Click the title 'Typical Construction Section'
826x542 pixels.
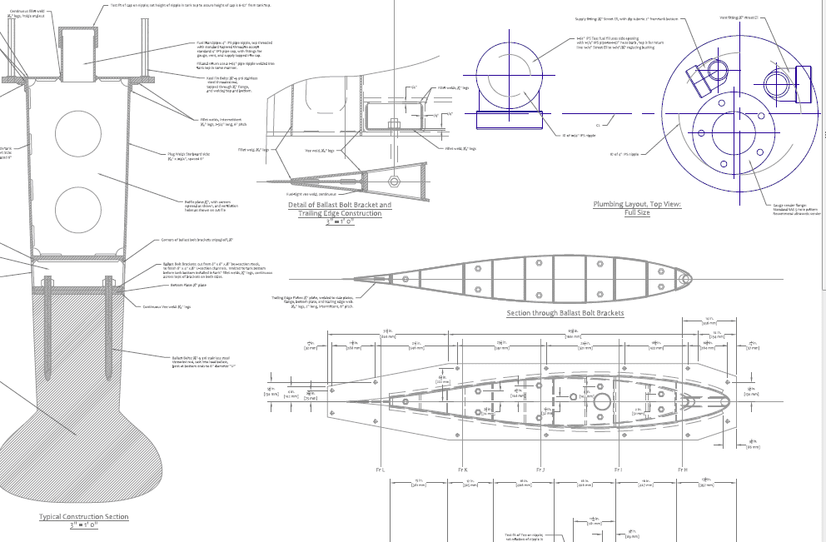pos(84,516)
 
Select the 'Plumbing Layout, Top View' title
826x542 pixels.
pos(637,204)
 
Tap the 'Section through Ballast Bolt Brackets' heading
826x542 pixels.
pos(565,313)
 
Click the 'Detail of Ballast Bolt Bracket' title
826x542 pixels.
pos(339,205)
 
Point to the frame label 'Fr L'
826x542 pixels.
pos(380,470)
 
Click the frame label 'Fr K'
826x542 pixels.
pos(463,470)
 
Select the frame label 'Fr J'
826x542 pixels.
pos(540,470)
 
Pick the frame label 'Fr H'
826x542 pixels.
pos(682,470)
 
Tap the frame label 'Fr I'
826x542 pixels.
pos(618,470)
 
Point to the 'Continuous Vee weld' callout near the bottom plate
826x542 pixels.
pos(167,306)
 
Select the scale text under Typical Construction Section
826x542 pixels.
pos(84,525)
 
